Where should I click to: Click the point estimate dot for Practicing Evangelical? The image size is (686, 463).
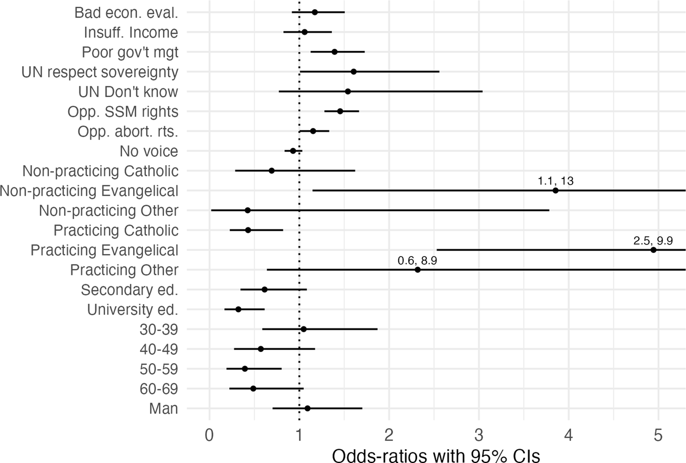pos(653,250)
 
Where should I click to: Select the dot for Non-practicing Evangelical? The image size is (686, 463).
pos(555,190)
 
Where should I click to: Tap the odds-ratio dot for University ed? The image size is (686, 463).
pos(238,309)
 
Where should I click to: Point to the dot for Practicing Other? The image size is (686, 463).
pos(417,269)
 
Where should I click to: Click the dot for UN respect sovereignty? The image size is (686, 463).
pos(353,72)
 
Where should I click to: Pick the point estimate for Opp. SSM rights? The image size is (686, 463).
pos(340,111)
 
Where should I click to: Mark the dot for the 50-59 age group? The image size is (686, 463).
pos(245,369)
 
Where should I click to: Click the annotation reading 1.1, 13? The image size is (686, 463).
pos(555,181)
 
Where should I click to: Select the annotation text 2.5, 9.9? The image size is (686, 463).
pos(653,241)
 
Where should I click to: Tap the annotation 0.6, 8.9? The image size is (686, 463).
pos(417,260)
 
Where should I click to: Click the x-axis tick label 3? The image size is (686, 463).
pos(479,435)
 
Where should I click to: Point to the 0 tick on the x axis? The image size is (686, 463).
pos(209,435)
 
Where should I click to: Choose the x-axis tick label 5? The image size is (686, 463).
pos(658,435)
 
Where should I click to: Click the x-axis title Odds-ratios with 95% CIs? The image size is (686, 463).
pos(436,456)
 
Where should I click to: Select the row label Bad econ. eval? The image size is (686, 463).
pos(126,13)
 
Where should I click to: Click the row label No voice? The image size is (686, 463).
pos(149,151)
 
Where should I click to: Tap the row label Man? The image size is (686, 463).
pos(164,409)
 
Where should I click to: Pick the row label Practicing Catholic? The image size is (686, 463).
pos(116,231)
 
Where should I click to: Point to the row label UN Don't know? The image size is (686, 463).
pos(128,92)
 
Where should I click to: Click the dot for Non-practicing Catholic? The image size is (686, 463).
pos(271,171)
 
